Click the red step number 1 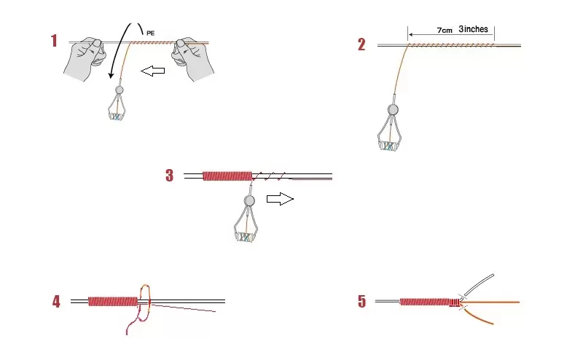tap(54, 42)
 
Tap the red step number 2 tap(362, 45)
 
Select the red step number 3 tap(170, 176)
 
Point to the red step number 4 tap(56, 302)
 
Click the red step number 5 tap(362, 302)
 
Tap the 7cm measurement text tap(444, 31)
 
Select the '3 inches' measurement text tap(474, 30)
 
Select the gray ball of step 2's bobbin tap(393, 110)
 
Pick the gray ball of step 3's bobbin tap(249, 200)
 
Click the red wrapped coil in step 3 tap(226, 176)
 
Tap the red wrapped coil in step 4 tap(113, 301)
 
